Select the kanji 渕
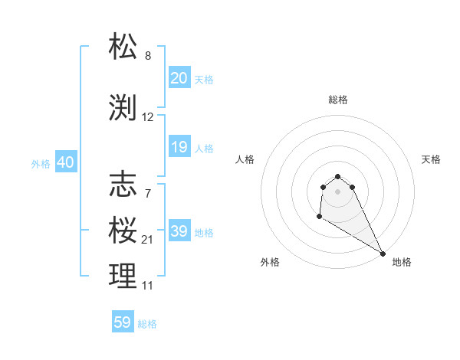(123, 108)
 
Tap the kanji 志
(123, 185)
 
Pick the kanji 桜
(123, 231)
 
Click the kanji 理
(123, 277)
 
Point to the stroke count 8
(148, 56)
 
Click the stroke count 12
(148, 117)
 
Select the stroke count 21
(148, 240)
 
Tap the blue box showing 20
(179, 78)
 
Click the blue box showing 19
(179, 147)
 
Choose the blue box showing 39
(179, 231)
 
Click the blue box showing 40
(65, 162)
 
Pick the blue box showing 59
(123, 323)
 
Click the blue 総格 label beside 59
(147, 324)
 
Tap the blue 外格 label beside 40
(41, 163)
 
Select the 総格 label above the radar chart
(338, 100)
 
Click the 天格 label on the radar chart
(431, 159)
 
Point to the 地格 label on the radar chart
(402, 262)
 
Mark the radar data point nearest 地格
(383, 254)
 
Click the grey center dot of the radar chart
(338, 191)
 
